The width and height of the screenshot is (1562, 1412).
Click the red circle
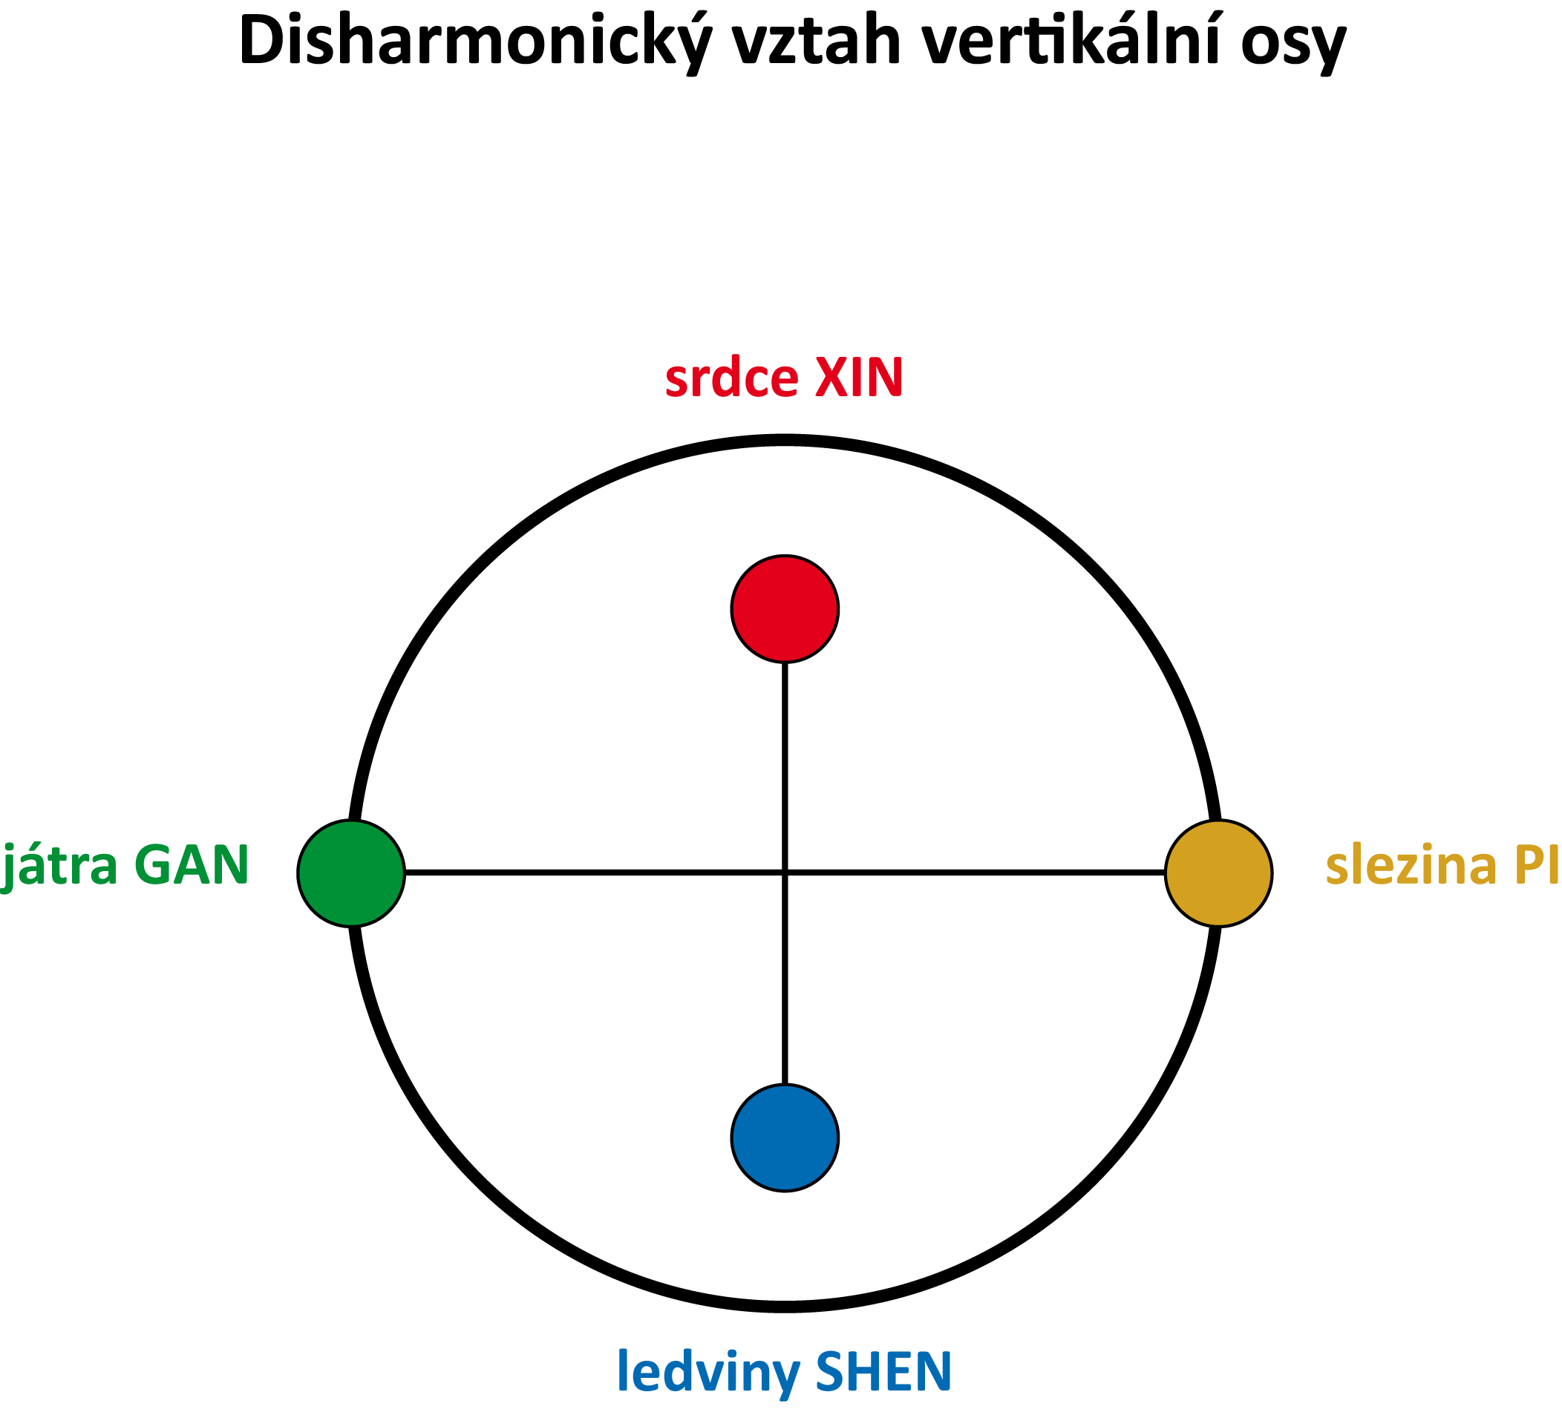click(785, 608)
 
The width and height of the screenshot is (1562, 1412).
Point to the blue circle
click(785, 1137)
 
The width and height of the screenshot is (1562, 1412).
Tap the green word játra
click(59, 865)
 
